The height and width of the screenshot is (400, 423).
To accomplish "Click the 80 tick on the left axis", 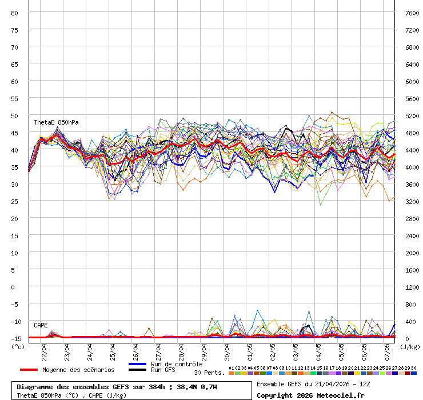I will point(15,13).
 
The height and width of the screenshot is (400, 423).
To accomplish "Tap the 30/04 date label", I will point(227,348).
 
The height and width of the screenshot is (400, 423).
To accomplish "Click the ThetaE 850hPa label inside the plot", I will point(56,123).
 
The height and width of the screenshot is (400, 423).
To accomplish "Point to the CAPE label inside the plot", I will point(41,325).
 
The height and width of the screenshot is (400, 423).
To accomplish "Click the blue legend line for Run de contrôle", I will point(138,364).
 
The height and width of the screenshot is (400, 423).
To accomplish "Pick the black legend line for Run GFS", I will point(138,370).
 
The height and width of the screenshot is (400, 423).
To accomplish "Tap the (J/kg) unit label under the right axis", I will point(410,346).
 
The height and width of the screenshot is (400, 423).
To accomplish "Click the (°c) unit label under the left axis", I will point(18,346).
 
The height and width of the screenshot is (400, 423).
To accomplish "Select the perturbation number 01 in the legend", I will point(231,368).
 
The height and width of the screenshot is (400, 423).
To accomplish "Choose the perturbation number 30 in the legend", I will point(413,368).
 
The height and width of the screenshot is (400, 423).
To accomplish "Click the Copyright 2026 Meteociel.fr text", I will point(310,395).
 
